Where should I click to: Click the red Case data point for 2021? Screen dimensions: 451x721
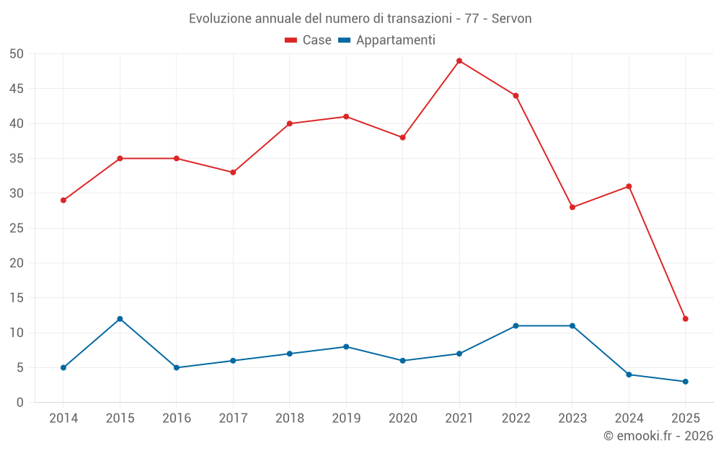coord(459,61)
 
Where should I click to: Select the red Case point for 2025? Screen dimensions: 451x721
coord(685,319)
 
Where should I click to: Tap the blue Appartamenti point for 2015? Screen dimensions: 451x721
coord(120,319)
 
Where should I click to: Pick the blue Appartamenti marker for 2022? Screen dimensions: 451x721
coord(516,325)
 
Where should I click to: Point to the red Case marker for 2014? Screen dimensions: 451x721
coord(63,200)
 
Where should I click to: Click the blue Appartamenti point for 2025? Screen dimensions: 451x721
coord(685,382)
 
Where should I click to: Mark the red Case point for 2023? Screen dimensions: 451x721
coord(572,207)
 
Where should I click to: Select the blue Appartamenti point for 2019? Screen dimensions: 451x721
coord(346,346)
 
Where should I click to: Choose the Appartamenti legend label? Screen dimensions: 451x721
coord(395,40)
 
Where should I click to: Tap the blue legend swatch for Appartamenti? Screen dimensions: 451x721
coord(344,40)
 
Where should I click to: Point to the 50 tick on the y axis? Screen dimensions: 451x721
coord(17,54)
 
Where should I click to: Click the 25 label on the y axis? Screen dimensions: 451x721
coord(17,228)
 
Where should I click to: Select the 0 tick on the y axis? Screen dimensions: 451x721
coord(20,403)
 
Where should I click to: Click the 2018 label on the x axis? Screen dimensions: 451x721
coord(289,419)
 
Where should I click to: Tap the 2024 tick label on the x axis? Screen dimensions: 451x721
coord(629,419)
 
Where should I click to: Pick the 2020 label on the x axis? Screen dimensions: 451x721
coord(402,419)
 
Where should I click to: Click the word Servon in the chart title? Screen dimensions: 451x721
coord(512,19)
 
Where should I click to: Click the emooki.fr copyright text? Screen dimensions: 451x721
coord(658,436)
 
